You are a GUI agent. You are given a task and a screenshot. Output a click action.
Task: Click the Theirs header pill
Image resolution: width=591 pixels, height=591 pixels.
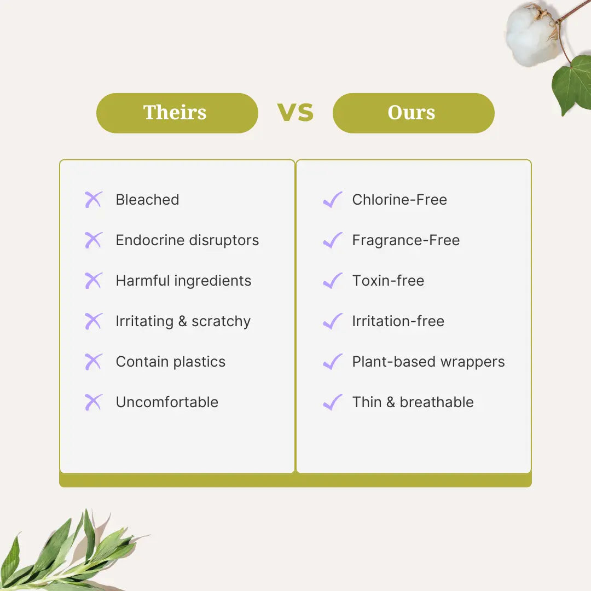(x=177, y=113)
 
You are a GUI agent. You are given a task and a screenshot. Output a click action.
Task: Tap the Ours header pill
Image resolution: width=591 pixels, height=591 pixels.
(x=413, y=113)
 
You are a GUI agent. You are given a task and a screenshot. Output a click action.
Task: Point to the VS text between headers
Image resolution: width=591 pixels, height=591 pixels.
(x=296, y=112)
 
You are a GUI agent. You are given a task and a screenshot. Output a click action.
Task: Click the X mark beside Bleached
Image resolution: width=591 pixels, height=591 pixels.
(x=94, y=200)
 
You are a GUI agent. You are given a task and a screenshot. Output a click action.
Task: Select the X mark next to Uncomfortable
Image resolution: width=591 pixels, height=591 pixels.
(x=94, y=402)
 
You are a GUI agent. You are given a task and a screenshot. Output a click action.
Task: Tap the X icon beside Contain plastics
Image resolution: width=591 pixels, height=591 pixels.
(x=94, y=362)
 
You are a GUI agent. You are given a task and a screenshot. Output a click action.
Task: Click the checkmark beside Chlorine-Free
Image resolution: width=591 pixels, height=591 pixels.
(x=332, y=200)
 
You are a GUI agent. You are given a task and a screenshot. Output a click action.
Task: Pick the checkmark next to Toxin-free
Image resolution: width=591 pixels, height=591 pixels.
(x=332, y=281)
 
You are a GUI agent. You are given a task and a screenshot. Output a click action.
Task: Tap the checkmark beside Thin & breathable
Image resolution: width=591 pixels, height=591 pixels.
(x=332, y=402)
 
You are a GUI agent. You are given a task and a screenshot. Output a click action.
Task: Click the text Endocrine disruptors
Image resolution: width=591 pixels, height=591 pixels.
(x=187, y=240)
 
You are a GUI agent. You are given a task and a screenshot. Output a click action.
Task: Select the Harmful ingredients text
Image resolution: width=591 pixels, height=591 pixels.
(x=183, y=281)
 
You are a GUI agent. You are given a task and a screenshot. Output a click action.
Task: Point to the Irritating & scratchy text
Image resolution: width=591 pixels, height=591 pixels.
(x=183, y=321)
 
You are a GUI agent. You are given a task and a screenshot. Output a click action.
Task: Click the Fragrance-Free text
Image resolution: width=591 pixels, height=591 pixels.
(x=405, y=240)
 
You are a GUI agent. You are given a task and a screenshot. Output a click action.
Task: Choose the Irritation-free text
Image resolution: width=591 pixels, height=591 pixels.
(x=398, y=321)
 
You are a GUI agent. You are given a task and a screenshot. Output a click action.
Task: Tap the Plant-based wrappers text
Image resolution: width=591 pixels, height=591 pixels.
(x=428, y=362)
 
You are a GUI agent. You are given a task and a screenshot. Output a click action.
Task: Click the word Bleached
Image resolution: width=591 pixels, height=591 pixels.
(x=147, y=200)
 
